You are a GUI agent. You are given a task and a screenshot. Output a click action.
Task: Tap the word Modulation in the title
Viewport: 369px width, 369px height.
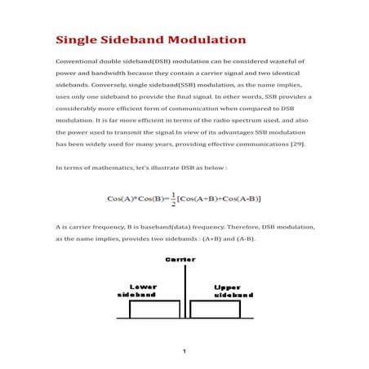(207, 39)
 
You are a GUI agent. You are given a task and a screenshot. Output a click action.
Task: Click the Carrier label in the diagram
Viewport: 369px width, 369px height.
(180, 259)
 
